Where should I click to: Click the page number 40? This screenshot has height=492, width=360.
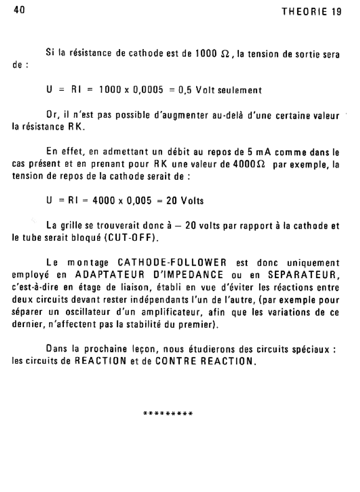19,10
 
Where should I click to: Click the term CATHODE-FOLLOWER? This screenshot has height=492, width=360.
172,263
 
